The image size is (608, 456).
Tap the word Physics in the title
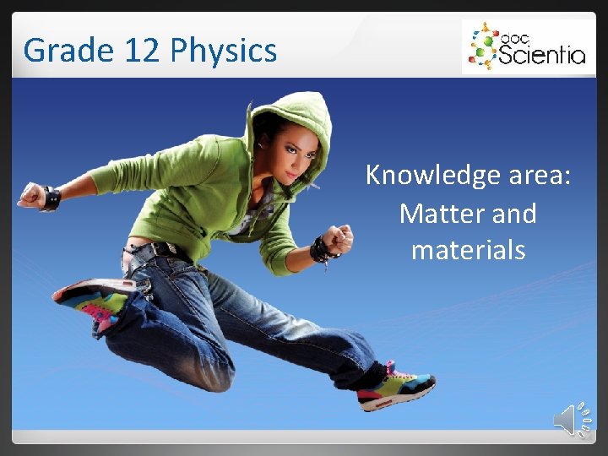click(x=224, y=51)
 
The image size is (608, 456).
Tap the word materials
click(x=468, y=251)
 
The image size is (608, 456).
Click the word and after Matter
click(x=513, y=214)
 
